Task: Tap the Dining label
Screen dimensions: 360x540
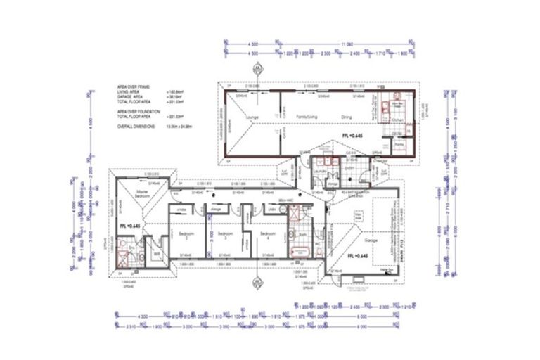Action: click(346, 117)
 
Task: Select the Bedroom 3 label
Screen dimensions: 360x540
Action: click(224, 236)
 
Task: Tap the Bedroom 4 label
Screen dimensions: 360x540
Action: click(267, 236)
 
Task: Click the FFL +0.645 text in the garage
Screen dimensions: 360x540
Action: click(359, 256)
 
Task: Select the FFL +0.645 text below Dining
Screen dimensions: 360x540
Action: click(353, 134)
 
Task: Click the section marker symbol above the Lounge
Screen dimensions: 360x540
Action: click(256, 69)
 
